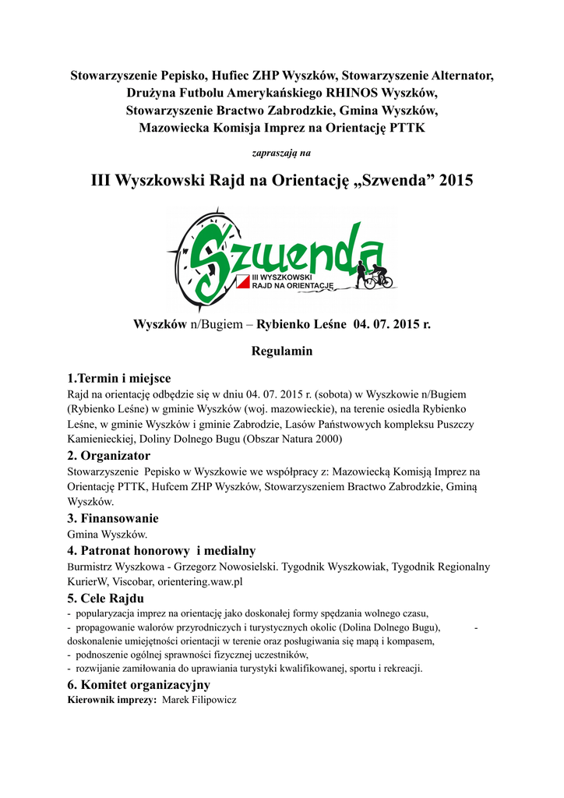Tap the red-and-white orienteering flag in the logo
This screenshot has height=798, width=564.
pos(242,281)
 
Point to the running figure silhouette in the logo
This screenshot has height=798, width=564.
pos(361,274)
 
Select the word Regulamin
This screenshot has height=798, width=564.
pos(282,351)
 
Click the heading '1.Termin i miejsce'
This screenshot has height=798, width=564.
pos(118,378)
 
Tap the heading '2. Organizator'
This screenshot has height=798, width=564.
pos(109,455)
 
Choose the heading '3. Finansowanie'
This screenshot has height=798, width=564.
pos(113,518)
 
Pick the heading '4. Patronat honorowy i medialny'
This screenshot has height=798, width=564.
pos(161,550)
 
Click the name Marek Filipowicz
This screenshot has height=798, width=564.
pos(199,700)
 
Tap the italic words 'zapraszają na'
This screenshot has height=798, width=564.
pos(282,153)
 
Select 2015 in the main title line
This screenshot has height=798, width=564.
pos(456,182)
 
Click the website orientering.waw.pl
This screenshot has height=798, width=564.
pos(200,581)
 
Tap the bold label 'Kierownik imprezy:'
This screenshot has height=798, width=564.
pos(112,700)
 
